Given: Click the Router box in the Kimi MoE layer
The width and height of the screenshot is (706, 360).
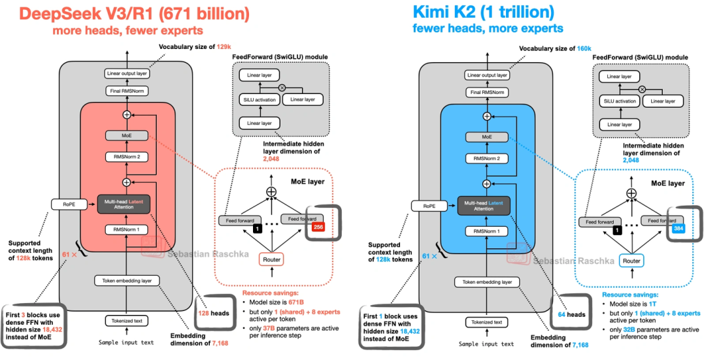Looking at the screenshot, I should coord(631,261).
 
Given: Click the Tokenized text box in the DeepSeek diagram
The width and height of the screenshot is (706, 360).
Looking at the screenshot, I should coord(127,321).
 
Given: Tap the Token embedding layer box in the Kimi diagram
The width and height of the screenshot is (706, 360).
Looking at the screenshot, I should coord(485,282).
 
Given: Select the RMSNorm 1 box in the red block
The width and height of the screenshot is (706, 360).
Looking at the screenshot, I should coord(127,229).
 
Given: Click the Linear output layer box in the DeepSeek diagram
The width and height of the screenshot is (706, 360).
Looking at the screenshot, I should coord(127,75).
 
